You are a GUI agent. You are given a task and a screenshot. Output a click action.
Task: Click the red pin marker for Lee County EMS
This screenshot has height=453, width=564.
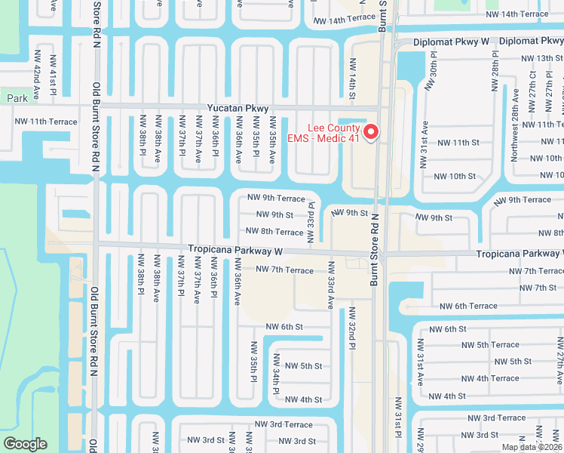371,132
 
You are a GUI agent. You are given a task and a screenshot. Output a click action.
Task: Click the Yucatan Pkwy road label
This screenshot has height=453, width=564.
241,107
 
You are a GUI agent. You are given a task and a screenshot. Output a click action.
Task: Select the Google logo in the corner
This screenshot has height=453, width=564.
25,443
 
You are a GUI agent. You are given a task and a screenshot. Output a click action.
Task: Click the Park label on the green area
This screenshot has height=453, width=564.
17,98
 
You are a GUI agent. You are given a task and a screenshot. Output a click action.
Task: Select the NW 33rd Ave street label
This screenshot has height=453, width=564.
330,285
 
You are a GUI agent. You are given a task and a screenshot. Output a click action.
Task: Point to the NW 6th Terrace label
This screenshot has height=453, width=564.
468,306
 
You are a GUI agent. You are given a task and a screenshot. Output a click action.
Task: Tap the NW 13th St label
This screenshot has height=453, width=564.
537,58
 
